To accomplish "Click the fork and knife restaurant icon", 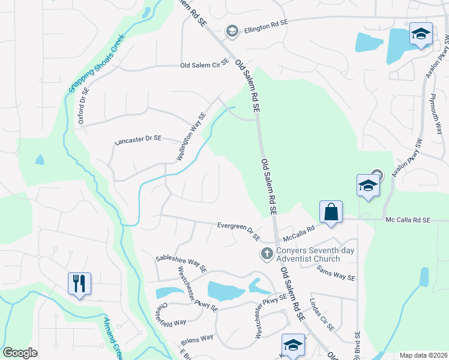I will (79, 283).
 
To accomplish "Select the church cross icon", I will (267, 254).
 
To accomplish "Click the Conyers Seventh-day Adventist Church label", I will (308, 255).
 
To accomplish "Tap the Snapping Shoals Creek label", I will (96, 61).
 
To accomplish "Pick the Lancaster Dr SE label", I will (138, 139).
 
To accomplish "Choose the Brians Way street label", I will (197, 338).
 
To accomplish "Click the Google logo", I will (20, 353).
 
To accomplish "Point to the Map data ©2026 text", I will (423, 355).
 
